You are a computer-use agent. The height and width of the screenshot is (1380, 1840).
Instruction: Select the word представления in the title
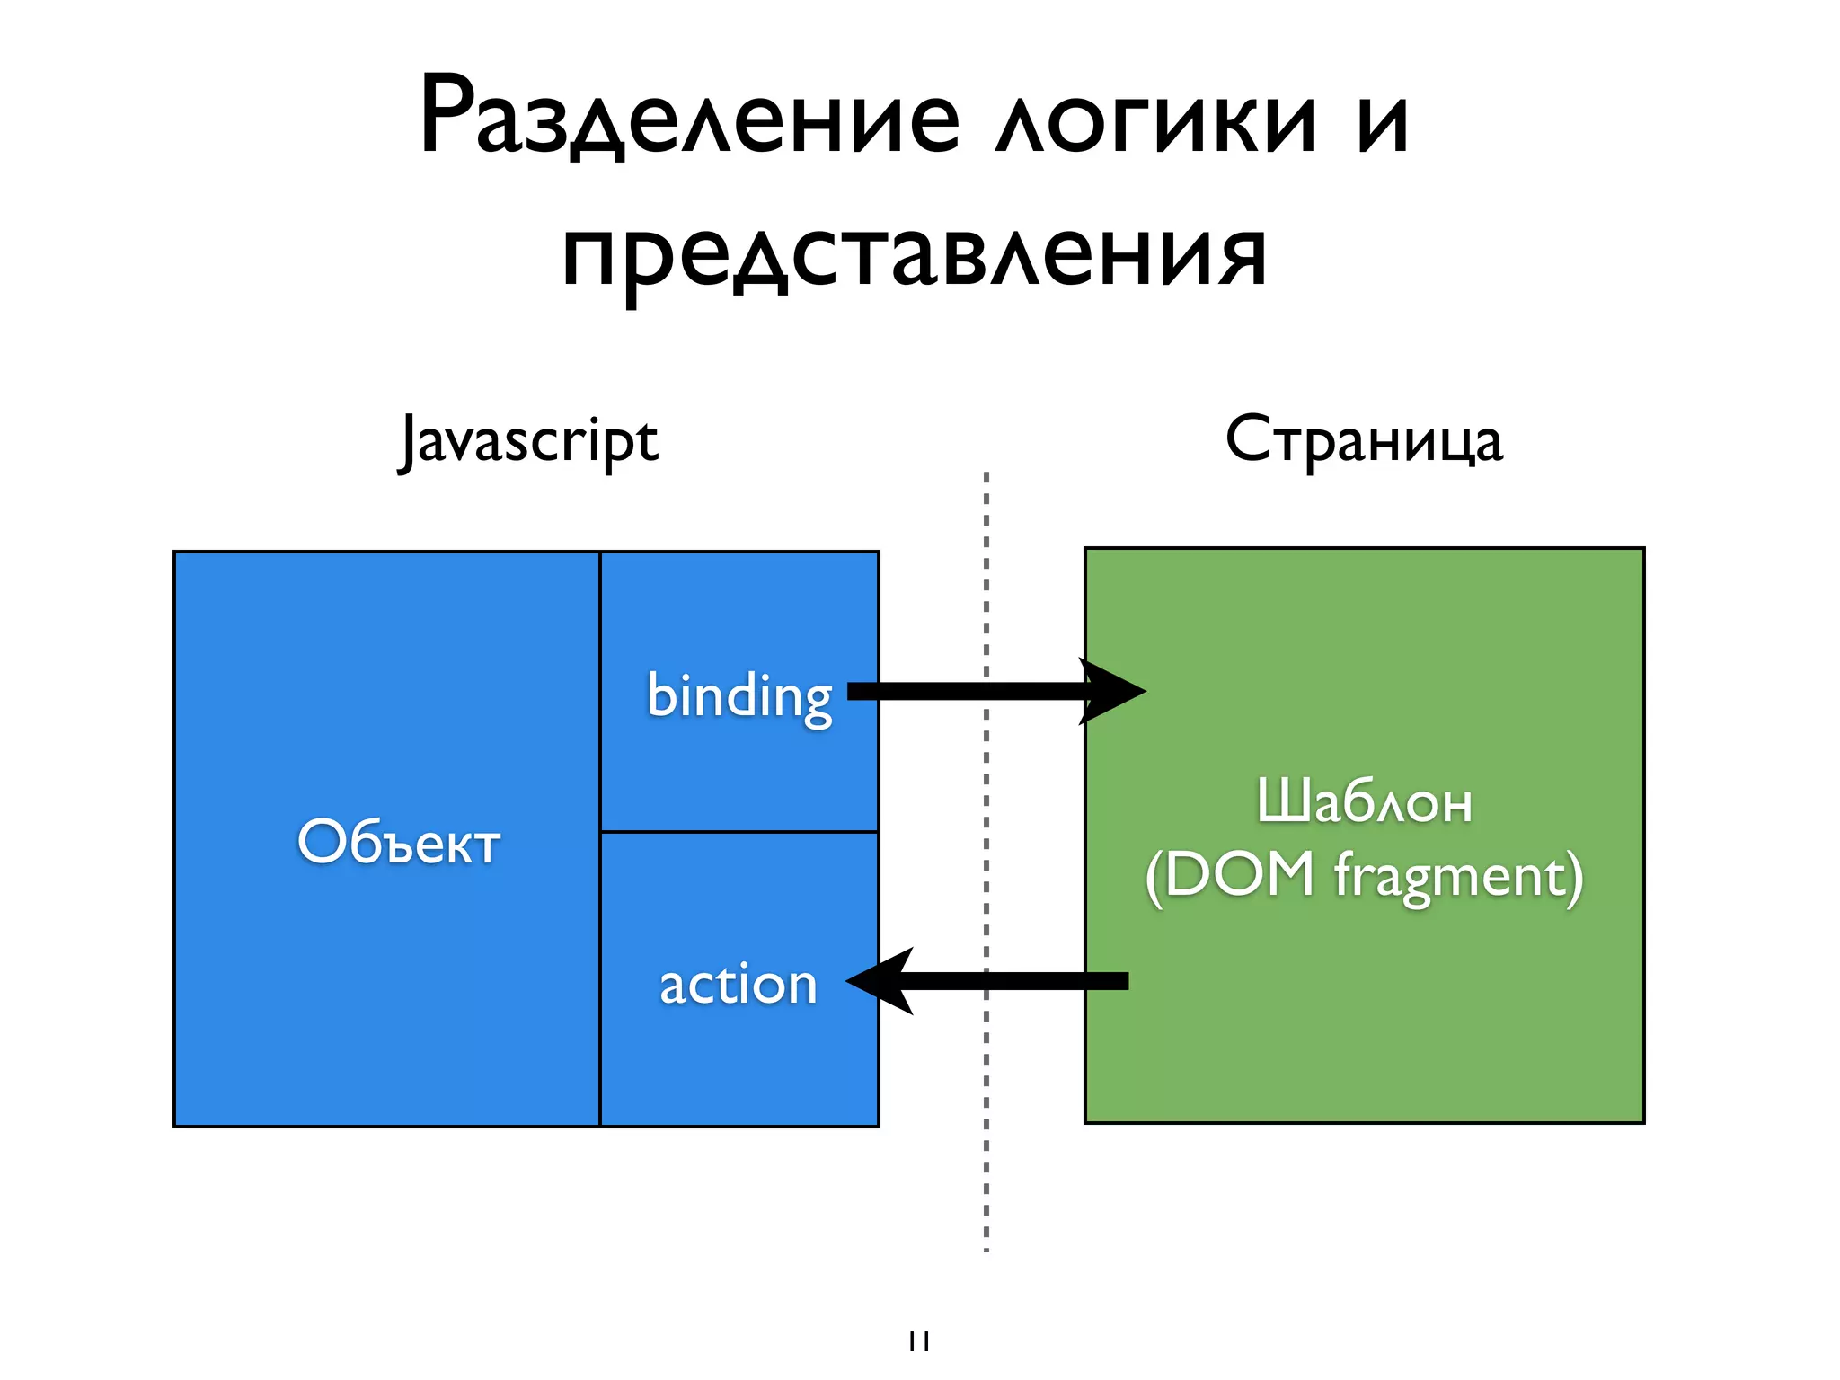click(915, 255)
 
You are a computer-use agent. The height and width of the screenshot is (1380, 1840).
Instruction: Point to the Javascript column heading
click(529, 440)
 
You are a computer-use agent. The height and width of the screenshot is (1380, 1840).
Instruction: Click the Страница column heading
click(1364, 440)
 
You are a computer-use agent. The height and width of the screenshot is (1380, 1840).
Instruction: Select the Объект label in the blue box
click(398, 842)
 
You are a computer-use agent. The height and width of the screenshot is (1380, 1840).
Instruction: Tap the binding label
click(739, 697)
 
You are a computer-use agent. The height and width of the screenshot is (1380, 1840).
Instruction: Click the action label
click(739, 984)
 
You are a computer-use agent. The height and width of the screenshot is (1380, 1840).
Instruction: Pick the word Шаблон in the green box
click(1364, 801)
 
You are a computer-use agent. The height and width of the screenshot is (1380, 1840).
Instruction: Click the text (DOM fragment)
click(1364, 875)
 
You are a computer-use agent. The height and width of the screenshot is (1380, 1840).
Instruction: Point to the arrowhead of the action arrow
click(882, 981)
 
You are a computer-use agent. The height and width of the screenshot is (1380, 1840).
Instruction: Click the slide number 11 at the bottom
click(918, 1341)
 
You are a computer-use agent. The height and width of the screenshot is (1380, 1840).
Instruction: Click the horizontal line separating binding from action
click(739, 832)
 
